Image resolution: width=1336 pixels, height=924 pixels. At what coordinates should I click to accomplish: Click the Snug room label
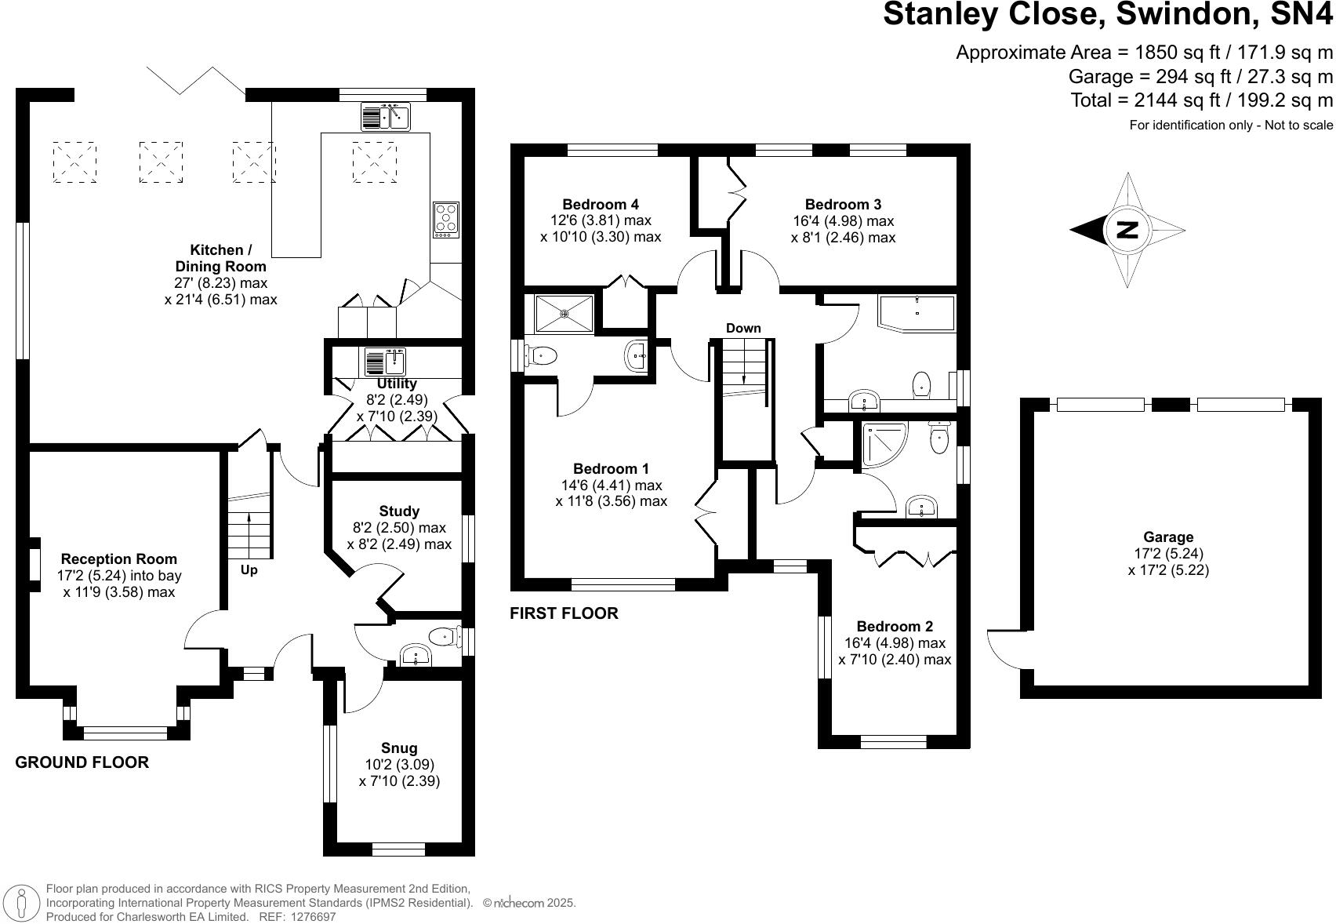[399, 748]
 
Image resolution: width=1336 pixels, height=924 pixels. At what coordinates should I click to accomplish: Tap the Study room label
[399, 511]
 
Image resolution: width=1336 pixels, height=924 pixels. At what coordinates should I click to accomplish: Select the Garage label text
[1168, 537]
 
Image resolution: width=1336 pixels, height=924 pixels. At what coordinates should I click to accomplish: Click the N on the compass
[1127, 230]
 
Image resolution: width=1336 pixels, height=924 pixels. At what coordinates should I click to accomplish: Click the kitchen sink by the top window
[386, 117]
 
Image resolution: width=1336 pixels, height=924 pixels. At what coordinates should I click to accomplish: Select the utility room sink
[385, 362]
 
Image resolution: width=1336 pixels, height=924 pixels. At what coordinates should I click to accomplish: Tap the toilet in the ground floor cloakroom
[444, 636]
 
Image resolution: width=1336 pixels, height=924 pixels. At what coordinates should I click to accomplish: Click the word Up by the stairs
[249, 570]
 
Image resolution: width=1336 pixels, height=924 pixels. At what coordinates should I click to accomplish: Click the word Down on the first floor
[743, 328]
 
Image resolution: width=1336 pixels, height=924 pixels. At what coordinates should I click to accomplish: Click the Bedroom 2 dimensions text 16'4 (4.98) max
[895, 643]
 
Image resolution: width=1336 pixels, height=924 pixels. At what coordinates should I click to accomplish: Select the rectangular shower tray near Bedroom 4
[565, 314]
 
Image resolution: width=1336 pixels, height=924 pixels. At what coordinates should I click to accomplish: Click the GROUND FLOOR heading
[82, 762]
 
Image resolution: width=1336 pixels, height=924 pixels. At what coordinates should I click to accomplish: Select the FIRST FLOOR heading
[564, 613]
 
